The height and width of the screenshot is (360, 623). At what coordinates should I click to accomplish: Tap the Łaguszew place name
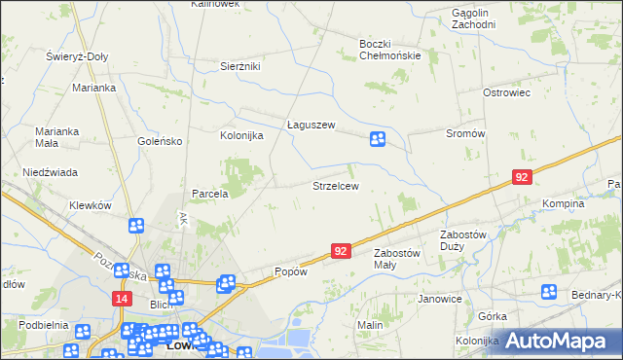[x=311, y=125]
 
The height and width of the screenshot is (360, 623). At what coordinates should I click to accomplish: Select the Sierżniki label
[x=240, y=66]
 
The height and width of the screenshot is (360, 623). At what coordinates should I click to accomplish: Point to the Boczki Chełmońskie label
[x=389, y=50]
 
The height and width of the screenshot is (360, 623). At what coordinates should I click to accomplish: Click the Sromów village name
[x=464, y=133]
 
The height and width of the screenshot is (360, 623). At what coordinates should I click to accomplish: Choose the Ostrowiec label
[x=506, y=92]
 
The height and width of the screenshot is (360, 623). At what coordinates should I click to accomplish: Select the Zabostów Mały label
[x=398, y=258]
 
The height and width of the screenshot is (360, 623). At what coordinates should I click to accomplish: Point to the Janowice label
[x=438, y=299]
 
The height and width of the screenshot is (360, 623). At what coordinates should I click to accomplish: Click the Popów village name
[x=290, y=271]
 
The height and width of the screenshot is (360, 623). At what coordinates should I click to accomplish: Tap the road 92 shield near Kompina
[x=523, y=177]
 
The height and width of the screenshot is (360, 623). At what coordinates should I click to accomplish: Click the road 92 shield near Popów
[x=340, y=251]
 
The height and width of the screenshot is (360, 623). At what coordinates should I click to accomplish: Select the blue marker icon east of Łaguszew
[x=378, y=140]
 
